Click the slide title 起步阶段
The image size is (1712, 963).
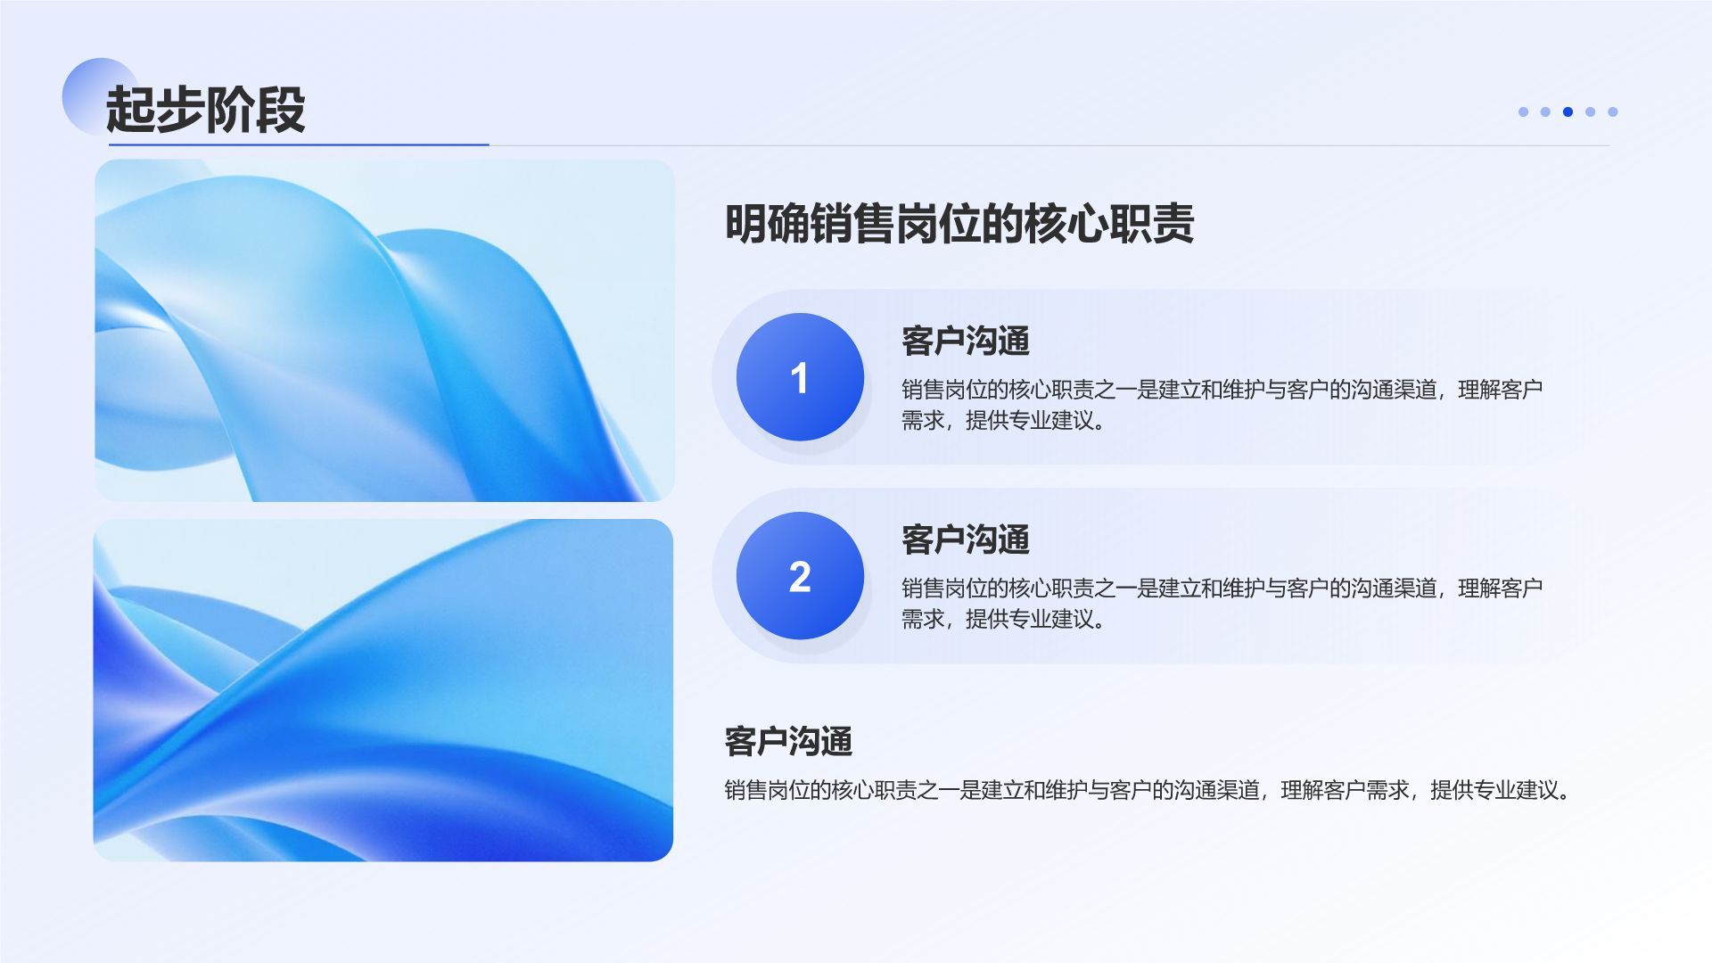tap(205, 110)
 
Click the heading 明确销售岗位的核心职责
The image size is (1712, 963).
tap(959, 223)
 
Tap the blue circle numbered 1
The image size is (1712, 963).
tap(800, 377)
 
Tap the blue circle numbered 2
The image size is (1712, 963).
tap(800, 576)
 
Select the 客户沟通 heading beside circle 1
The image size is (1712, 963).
tap(965, 341)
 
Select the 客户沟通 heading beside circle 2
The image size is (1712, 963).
tap(965, 539)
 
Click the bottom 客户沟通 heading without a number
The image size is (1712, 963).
tap(788, 741)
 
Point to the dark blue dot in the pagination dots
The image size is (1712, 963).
tap(1568, 111)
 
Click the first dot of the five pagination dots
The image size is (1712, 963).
tap(1523, 111)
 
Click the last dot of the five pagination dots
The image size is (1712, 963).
tap(1612, 111)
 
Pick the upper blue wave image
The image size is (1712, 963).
tap(384, 330)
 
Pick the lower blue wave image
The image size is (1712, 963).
tap(383, 690)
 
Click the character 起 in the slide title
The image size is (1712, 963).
tap(130, 110)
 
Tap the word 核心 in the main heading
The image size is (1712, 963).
tap(1066, 223)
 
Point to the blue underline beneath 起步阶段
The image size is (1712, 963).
tap(299, 144)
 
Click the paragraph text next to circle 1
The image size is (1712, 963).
tap(1222, 405)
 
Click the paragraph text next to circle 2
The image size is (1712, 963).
tap(1222, 604)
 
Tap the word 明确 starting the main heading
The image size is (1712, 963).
tap(767, 223)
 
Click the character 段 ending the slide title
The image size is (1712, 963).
tap(280, 110)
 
